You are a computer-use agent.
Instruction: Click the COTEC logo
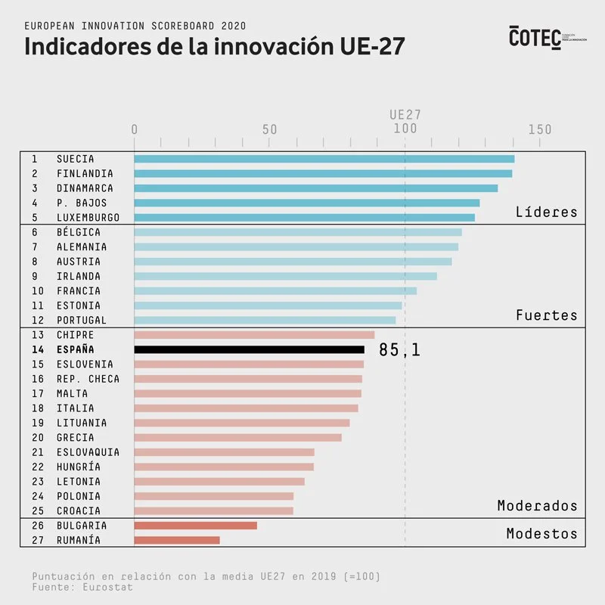pyautogui.click(x=535, y=37)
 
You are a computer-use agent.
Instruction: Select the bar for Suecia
pyautogui.click(x=324, y=159)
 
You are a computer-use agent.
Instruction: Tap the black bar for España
pyautogui.click(x=249, y=349)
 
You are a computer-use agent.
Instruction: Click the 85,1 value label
pyautogui.click(x=399, y=349)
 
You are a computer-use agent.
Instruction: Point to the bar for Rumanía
pyautogui.click(x=177, y=540)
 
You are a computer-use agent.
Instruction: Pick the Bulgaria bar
pyautogui.click(x=195, y=526)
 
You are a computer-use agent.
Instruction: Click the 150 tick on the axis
pyautogui.click(x=540, y=130)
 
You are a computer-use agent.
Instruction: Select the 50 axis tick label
pyautogui.click(x=270, y=130)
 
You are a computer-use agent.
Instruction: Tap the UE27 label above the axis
pyautogui.click(x=405, y=115)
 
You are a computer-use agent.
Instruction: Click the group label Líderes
pyautogui.click(x=546, y=212)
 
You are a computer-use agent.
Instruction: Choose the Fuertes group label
pyautogui.click(x=546, y=315)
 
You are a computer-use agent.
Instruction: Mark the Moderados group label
pyautogui.click(x=537, y=505)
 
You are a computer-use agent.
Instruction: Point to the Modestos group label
pyautogui.click(x=541, y=534)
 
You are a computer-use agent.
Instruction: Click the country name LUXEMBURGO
pyautogui.click(x=88, y=218)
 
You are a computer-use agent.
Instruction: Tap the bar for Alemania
pyautogui.click(x=296, y=247)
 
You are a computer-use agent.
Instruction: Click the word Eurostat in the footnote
pyautogui.click(x=109, y=587)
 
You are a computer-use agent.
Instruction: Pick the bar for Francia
pyautogui.click(x=275, y=291)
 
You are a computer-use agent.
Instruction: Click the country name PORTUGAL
pyautogui.click(x=82, y=321)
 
